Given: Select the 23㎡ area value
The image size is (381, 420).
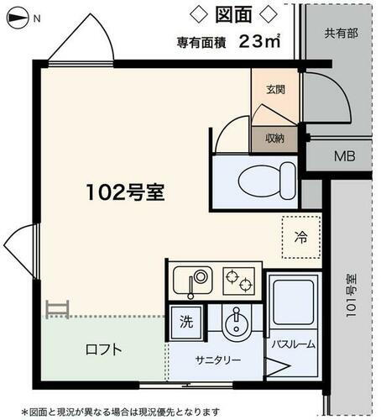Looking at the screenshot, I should click(x=258, y=40).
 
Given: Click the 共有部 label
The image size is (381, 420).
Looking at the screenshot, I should click(x=341, y=34).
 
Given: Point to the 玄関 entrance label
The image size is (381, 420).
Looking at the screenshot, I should click(x=277, y=89).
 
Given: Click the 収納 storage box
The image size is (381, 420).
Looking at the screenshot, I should click(x=274, y=139).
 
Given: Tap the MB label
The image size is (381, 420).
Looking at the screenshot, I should click(x=344, y=157).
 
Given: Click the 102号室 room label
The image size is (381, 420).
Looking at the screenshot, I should click(x=123, y=192).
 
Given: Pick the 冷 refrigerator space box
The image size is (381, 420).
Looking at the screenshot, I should click(x=300, y=237).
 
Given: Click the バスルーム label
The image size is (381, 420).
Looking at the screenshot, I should click(x=293, y=344).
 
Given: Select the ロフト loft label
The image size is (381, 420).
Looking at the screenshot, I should click(x=104, y=350).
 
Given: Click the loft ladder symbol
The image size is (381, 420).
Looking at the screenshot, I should click(x=57, y=310).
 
